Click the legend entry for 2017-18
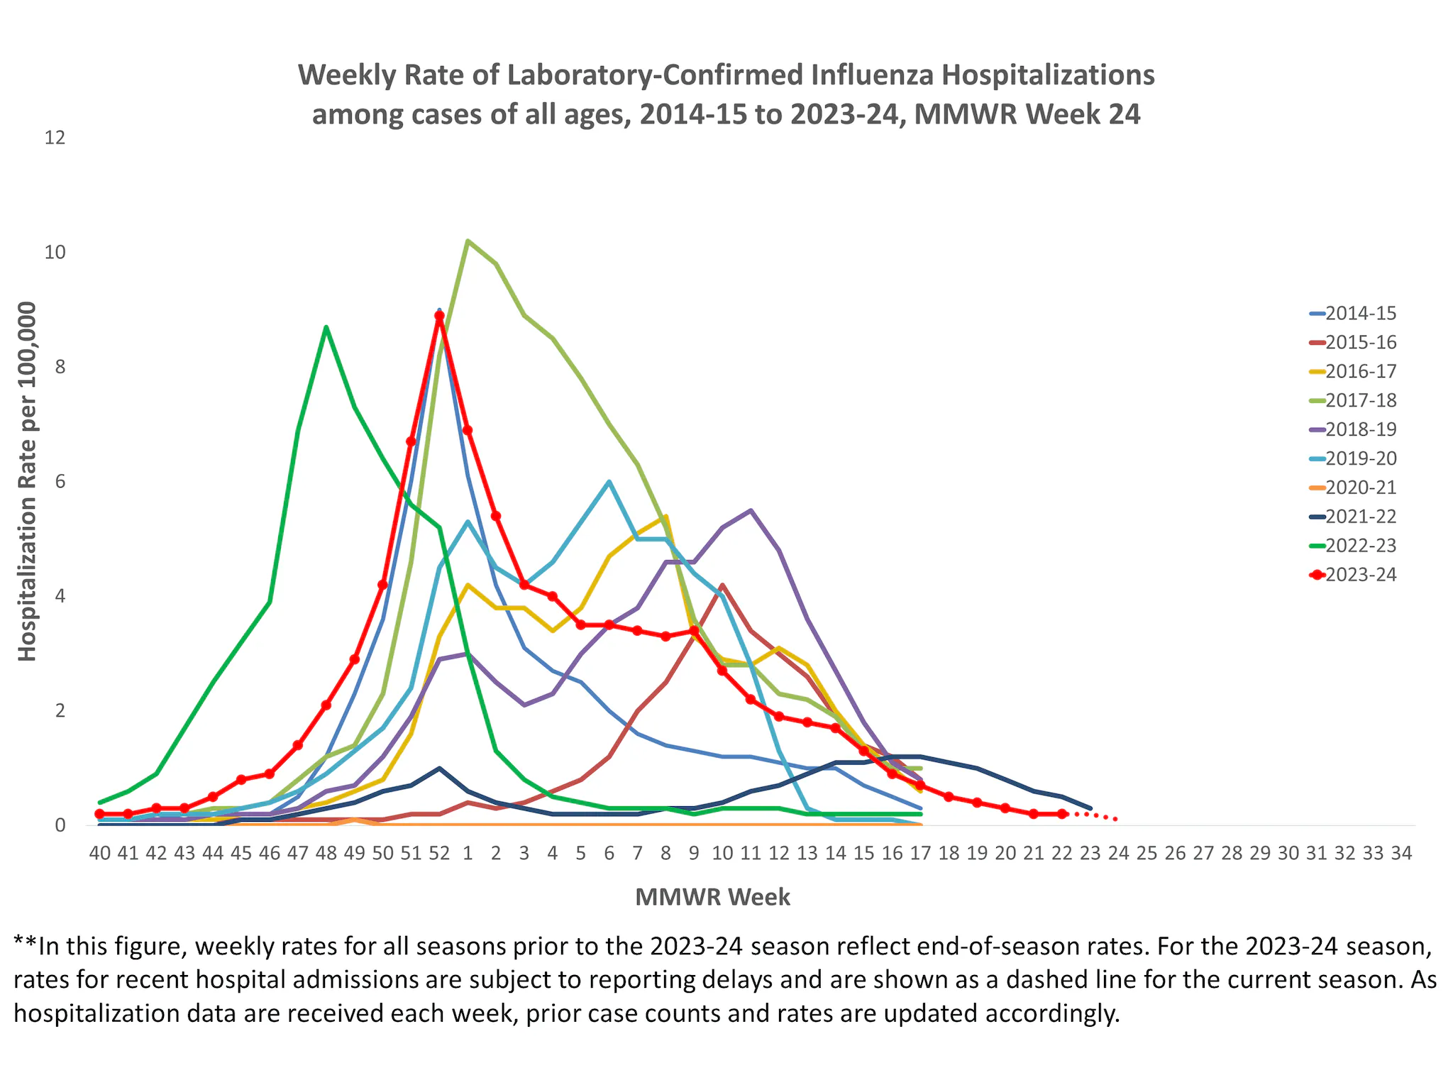pyautogui.click(x=1360, y=401)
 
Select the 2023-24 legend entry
pyautogui.click(x=1360, y=576)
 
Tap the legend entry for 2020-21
pyautogui.click(x=1360, y=488)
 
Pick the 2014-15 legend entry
pyautogui.click(x=1360, y=314)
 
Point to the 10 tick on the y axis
pyautogui.click(x=55, y=253)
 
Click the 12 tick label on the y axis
pyautogui.click(x=55, y=138)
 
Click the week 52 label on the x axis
pyautogui.click(x=439, y=854)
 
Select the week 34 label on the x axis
pyautogui.click(x=1401, y=854)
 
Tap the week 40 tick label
pyautogui.click(x=100, y=854)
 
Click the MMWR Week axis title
pyautogui.click(x=712, y=898)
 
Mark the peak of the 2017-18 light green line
pyautogui.click(x=468, y=241)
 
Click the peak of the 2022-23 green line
pyautogui.click(x=326, y=327)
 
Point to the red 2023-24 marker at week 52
pyautogui.click(x=439, y=316)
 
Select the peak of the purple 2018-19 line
pyautogui.click(x=751, y=510)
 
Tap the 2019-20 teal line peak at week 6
pyautogui.click(x=609, y=482)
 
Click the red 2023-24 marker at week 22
pyautogui.click(x=1061, y=814)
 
